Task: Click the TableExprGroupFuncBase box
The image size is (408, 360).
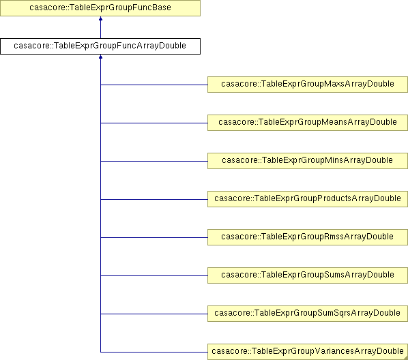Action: (x=100, y=8)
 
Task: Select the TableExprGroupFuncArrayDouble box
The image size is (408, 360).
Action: (x=100, y=46)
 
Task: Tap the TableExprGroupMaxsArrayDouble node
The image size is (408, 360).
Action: (x=308, y=85)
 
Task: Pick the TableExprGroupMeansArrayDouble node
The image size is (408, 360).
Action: (x=308, y=123)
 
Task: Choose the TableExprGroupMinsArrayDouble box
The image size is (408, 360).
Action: (x=308, y=161)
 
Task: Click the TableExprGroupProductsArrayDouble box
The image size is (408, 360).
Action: (x=308, y=199)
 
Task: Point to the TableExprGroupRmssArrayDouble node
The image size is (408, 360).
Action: (x=308, y=237)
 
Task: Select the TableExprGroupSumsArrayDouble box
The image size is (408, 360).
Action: (x=308, y=275)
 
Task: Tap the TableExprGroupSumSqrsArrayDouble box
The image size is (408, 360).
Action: (x=308, y=314)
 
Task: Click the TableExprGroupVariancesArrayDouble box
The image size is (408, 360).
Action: (x=308, y=352)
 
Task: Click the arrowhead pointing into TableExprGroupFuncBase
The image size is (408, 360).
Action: (x=100, y=18)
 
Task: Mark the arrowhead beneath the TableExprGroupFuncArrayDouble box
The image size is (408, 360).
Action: (x=100, y=57)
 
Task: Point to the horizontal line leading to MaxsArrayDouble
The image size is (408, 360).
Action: (x=154, y=85)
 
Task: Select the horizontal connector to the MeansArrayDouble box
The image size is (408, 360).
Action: (x=154, y=123)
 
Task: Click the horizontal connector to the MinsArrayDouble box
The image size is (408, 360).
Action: (x=154, y=162)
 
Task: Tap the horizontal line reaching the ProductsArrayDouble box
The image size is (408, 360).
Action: (x=154, y=200)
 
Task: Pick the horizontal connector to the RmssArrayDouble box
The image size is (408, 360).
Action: (x=154, y=237)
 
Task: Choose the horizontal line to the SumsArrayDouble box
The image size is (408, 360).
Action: (x=154, y=275)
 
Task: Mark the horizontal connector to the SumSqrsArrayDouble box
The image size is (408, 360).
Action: (x=154, y=314)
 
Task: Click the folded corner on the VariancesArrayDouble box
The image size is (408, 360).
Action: (x=406, y=358)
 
